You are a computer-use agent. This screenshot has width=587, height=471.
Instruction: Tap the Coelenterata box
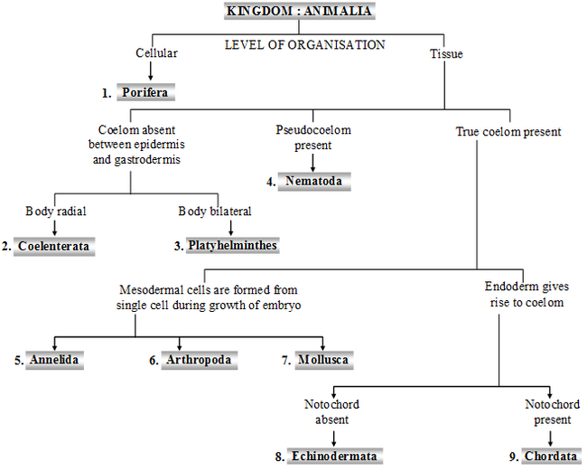click(x=54, y=245)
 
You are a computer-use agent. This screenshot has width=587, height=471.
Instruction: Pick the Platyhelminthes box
click(x=232, y=245)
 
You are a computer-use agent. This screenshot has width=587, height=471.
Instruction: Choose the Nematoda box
click(x=312, y=182)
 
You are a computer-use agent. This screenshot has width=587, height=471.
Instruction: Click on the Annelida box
click(x=54, y=360)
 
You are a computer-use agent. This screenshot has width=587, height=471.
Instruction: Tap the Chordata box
click(x=550, y=456)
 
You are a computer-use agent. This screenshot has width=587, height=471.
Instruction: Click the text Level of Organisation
click(x=304, y=44)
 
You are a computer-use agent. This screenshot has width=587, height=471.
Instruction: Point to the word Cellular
click(x=156, y=53)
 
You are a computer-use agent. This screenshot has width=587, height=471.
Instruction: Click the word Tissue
click(x=445, y=53)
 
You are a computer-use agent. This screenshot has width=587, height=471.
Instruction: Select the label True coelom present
click(x=508, y=132)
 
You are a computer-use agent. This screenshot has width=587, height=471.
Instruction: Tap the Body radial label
click(x=54, y=212)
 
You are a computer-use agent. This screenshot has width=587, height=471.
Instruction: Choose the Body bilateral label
click(x=214, y=212)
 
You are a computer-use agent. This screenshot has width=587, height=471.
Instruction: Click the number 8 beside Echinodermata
click(x=280, y=457)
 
